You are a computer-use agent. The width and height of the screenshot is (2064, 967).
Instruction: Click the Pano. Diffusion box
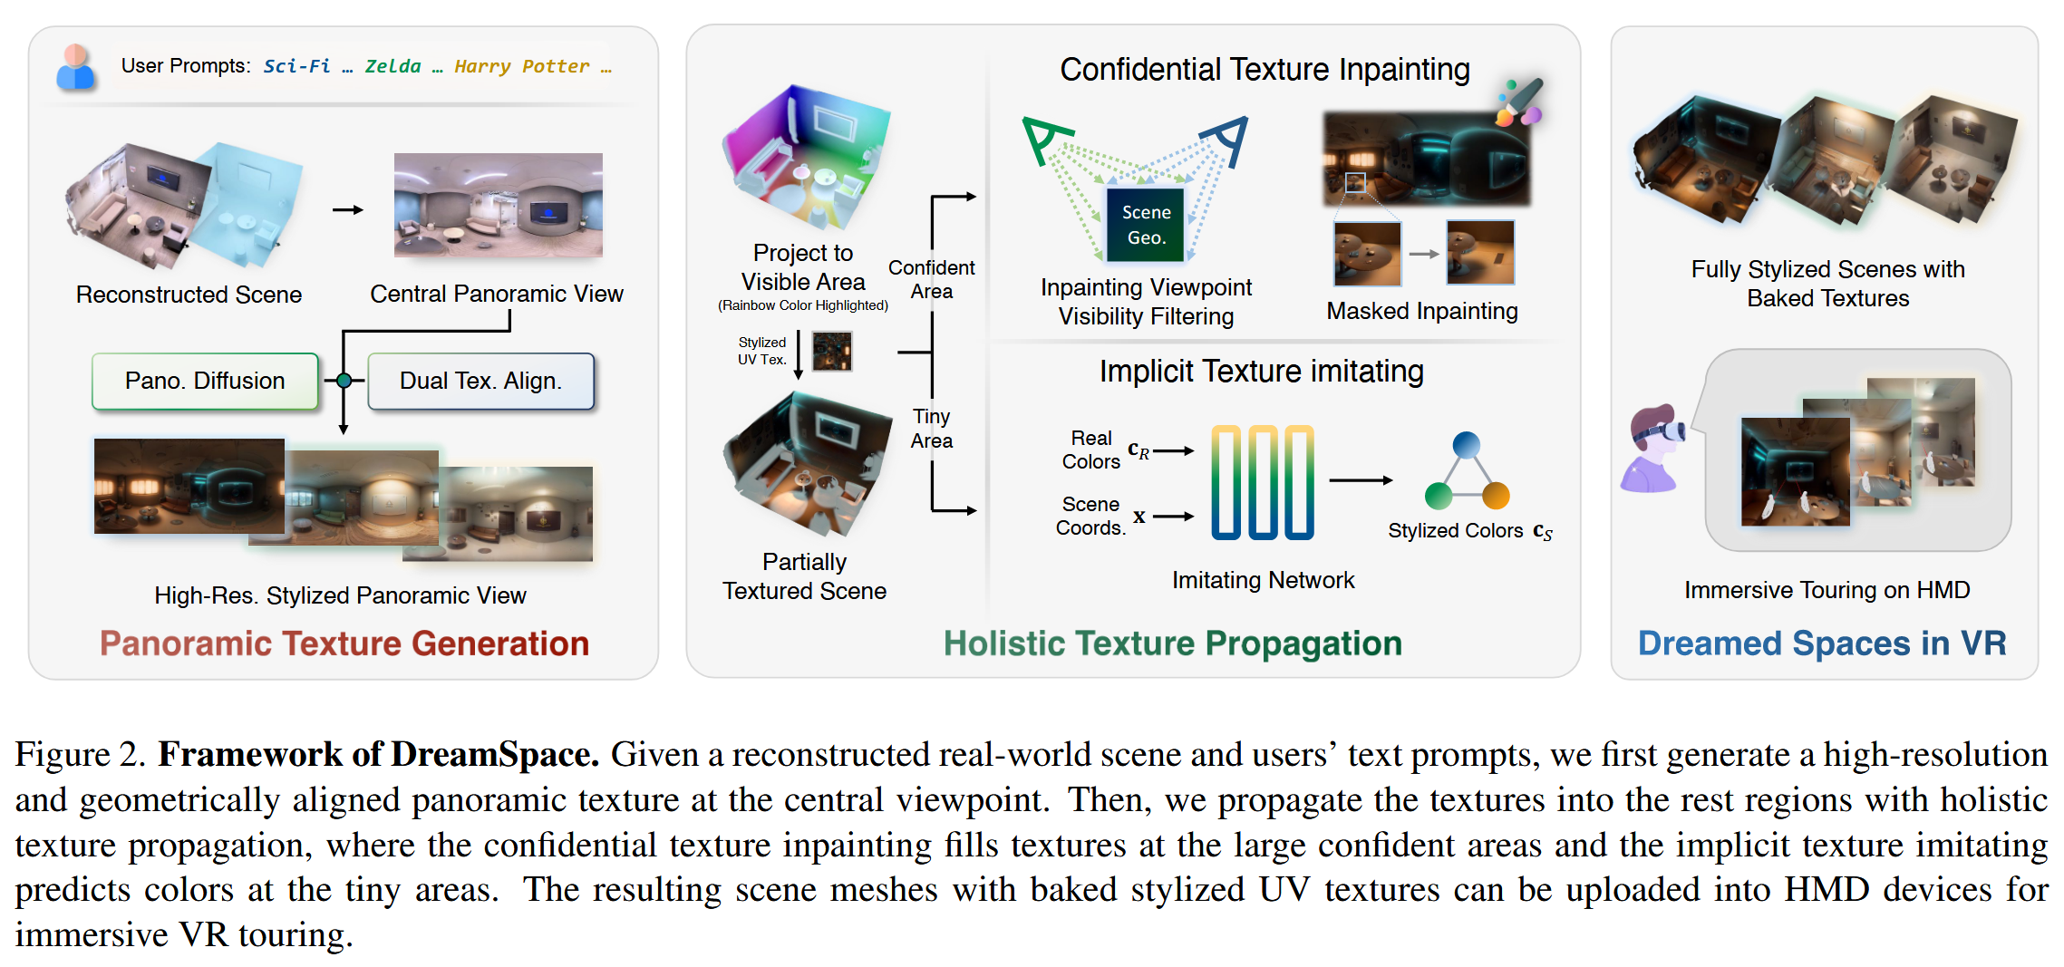pos(205,381)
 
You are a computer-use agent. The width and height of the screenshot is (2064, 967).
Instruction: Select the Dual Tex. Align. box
pos(481,381)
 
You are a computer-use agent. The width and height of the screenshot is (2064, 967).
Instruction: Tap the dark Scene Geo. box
pos(1146,224)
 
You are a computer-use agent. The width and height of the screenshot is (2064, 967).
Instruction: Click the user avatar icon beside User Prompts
pos(75,67)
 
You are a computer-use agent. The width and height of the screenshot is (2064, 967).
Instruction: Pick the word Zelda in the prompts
pos(392,66)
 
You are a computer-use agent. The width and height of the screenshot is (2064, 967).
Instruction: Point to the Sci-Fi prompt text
pos(296,66)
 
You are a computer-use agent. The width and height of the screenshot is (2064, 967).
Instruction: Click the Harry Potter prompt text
pos(521,66)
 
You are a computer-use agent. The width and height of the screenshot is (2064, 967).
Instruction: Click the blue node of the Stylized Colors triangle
pos(1466,445)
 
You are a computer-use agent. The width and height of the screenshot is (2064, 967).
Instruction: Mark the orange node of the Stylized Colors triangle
pos(1496,496)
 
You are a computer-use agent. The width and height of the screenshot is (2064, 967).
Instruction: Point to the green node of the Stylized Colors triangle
pos(1438,496)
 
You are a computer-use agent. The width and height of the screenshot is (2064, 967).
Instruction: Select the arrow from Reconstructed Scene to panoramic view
pos(347,210)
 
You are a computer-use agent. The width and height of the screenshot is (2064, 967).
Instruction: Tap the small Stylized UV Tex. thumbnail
pos(831,351)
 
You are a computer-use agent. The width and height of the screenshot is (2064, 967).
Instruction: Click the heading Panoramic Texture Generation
pos(344,643)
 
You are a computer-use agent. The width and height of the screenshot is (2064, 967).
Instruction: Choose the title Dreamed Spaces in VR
pos(1822,643)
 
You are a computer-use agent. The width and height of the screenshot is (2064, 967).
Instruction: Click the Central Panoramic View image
pos(498,205)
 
